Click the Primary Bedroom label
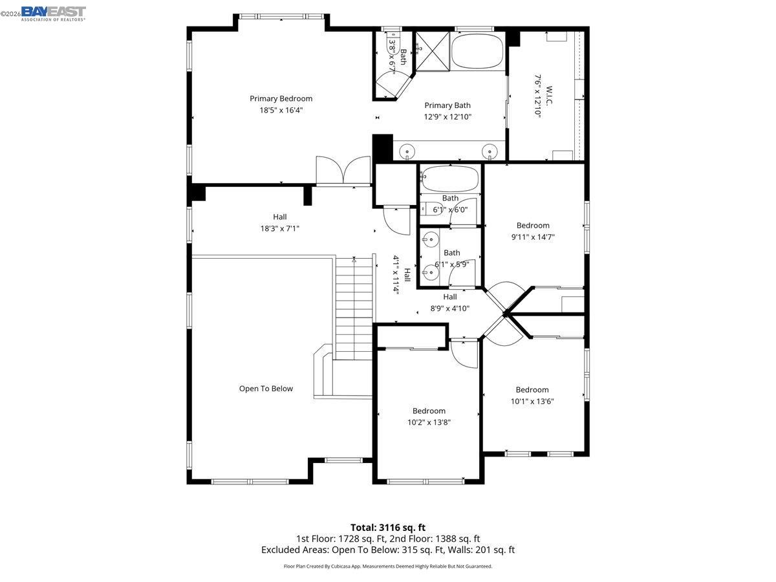281,98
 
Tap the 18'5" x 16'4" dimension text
281,110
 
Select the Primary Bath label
447,105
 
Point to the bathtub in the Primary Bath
477,52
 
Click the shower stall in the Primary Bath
431,48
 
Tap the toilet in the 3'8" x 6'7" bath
391,46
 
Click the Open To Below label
266,389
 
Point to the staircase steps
354,304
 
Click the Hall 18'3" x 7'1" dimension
279,228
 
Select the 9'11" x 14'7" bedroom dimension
533,237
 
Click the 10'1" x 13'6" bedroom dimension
532,401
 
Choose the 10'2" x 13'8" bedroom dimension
429,422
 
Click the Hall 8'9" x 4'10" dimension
450,308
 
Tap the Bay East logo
53,13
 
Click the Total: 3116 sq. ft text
388,528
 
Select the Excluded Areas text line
388,550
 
